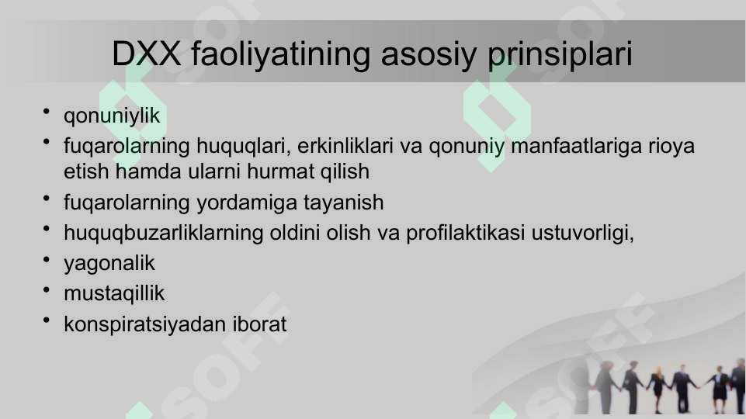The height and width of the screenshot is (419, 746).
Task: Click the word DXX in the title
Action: tap(147, 54)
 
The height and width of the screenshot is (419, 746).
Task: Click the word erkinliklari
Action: tap(352, 146)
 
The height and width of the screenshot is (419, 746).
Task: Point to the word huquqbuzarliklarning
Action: tap(164, 233)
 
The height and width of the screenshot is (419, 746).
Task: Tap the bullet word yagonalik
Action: tap(109, 263)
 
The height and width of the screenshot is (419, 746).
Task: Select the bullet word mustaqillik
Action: tap(114, 293)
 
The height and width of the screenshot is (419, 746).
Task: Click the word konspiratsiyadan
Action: tap(144, 324)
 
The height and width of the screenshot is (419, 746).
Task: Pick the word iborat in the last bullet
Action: tap(259, 324)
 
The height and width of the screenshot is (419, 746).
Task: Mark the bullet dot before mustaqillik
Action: tap(47, 291)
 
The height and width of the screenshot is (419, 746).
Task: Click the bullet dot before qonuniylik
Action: tap(47, 113)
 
